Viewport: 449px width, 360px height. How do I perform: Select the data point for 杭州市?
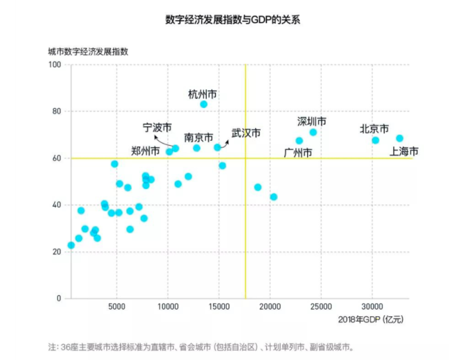[204, 104]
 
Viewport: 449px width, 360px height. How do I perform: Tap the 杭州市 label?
[203, 94]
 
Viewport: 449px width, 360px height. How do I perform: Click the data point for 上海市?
[399, 138]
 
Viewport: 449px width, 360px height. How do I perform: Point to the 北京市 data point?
[376, 140]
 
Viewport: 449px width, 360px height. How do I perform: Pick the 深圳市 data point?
[313, 132]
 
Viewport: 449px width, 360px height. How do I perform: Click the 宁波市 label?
[157, 127]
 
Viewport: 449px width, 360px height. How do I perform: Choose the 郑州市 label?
[146, 151]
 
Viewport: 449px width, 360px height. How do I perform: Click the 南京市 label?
[198, 137]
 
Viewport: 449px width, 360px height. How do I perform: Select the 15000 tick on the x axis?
[218, 306]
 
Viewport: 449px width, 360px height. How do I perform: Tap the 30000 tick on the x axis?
[372, 306]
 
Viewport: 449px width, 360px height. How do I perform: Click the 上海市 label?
[404, 151]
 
